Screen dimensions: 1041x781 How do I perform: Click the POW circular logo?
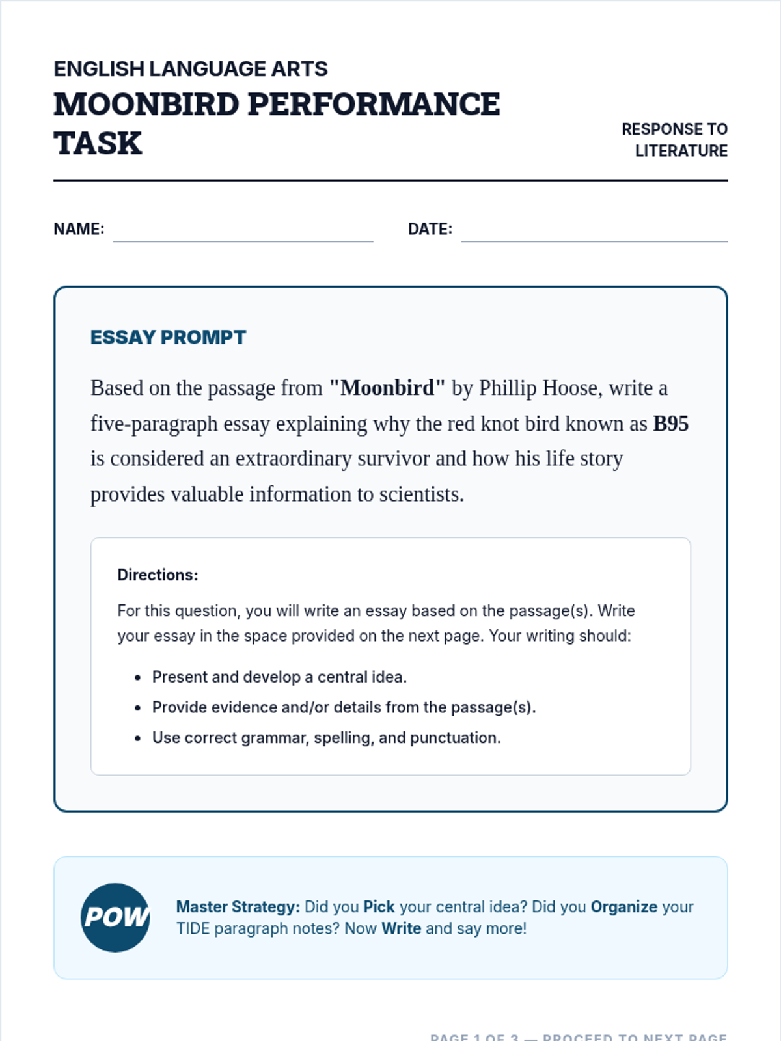[x=115, y=917]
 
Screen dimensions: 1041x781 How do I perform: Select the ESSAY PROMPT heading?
[x=168, y=337]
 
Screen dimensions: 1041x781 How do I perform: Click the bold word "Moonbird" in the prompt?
[x=387, y=388]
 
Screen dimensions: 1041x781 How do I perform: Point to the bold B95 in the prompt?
[x=670, y=424]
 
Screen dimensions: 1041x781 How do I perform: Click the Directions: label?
[x=158, y=575]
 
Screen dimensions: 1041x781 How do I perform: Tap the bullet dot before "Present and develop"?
[x=137, y=678]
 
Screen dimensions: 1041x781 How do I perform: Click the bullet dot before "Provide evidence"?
[x=137, y=708]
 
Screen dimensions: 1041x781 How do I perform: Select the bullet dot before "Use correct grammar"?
[x=137, y=738]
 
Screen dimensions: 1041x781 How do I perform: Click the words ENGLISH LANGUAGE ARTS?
[x=190, y=68]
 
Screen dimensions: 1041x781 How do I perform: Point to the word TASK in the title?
[x=98, y=143]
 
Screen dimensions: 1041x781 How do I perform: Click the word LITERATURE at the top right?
[x=681, y=151]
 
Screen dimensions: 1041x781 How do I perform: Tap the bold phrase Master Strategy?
[x=238, y=907]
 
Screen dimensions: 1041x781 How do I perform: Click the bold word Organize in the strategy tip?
[x=623, y=907]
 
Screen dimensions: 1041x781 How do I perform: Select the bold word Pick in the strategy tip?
[x=379, y=907]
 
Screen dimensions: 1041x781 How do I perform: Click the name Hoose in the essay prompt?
[x=570, y=388]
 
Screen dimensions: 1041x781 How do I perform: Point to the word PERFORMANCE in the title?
[x=374, y=104]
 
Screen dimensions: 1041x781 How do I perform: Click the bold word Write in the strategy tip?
[x=401, y=928]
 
